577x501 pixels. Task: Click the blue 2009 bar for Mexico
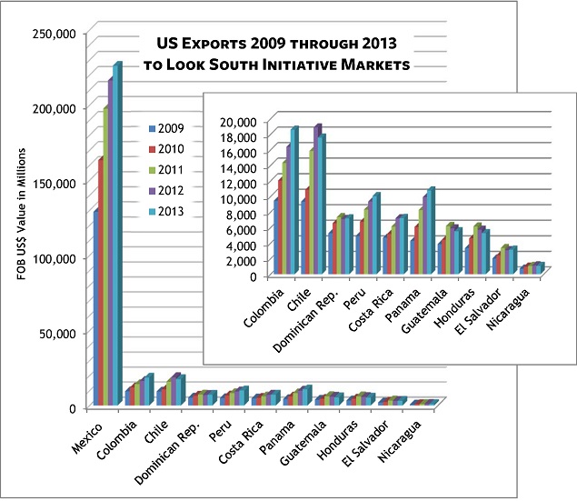(x=96, y=309)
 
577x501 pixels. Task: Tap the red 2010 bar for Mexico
(x=102, y=282)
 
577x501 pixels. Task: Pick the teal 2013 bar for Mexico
(x=116, y=236)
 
